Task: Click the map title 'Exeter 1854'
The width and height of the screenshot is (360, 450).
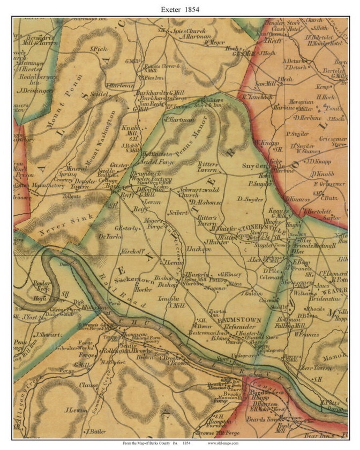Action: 180,9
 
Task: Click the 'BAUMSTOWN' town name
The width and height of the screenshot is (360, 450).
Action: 239,320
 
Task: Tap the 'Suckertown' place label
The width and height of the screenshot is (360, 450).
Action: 134,280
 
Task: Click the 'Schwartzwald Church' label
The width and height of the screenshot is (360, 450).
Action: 198,192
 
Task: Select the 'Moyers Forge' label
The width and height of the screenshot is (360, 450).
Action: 154,224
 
